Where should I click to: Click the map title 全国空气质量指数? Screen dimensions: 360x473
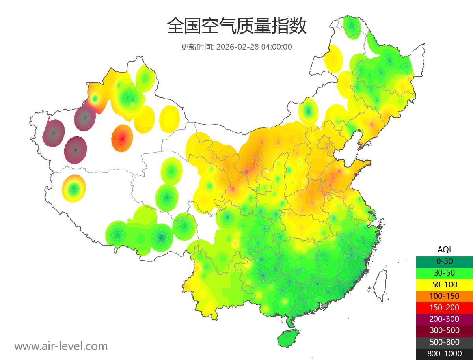pos(236,26)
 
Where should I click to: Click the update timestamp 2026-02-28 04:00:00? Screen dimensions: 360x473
pos(254,47)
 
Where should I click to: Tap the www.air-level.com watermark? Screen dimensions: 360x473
pos(61,346)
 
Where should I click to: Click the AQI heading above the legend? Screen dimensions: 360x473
pos(444,249)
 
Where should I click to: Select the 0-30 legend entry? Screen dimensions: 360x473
pos(444,261)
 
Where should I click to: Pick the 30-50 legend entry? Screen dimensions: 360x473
pos(444,272)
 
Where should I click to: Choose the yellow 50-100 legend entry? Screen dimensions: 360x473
pos(444,284)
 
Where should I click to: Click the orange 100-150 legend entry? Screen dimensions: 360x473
pos(444,296)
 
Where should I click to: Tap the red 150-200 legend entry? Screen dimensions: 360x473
pos(444,307)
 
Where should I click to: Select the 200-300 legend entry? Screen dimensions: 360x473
pos(444,319)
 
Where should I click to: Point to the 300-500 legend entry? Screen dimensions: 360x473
pos(444,330)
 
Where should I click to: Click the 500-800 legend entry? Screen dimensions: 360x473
pos(444,342)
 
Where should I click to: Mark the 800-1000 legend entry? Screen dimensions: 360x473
pos(444,354)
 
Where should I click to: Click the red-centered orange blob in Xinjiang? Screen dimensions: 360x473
pos(122,138)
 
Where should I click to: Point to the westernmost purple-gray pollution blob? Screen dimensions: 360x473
pos(54,133)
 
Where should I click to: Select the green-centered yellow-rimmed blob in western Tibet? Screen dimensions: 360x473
pos(74,188)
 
